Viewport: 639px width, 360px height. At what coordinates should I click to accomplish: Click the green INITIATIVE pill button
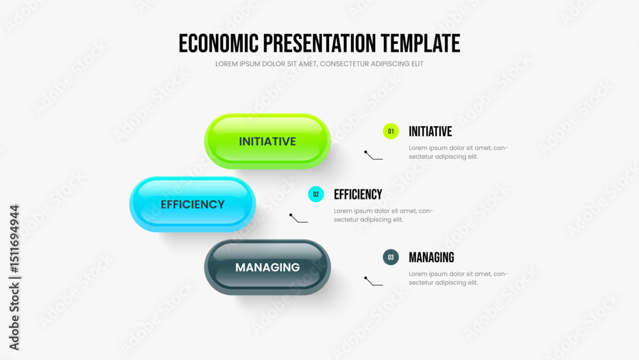[x=267, y=141]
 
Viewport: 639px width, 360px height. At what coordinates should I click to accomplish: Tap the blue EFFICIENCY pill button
[x=192, y=204]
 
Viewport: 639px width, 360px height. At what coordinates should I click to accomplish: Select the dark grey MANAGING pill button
[x=267, y=267]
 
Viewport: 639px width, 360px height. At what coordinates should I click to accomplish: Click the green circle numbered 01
[x=390, y=131]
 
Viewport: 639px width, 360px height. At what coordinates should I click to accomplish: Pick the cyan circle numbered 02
[x=316, y=194]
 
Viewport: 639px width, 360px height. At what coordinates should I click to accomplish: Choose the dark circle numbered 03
[x=390, y=257]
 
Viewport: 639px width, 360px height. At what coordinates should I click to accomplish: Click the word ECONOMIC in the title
[x=219, y=43]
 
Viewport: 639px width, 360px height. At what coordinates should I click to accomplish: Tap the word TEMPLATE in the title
[x=420, y=43]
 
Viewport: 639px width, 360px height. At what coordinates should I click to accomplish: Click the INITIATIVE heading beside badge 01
[x=430, y=131]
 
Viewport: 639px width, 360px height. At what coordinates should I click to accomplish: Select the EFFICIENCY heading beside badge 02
[x=358, y=194]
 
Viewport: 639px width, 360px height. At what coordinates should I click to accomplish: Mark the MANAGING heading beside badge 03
[x=431, y=257]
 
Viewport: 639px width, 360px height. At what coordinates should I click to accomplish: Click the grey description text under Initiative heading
[x=458, y=152]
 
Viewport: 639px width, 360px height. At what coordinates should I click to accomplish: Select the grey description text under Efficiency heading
[x=383, y=215]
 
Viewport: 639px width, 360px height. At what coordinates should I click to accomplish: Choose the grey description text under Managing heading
[x=458, y=278]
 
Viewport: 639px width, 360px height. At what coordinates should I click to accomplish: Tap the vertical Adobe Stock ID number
[x=14, y=239]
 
